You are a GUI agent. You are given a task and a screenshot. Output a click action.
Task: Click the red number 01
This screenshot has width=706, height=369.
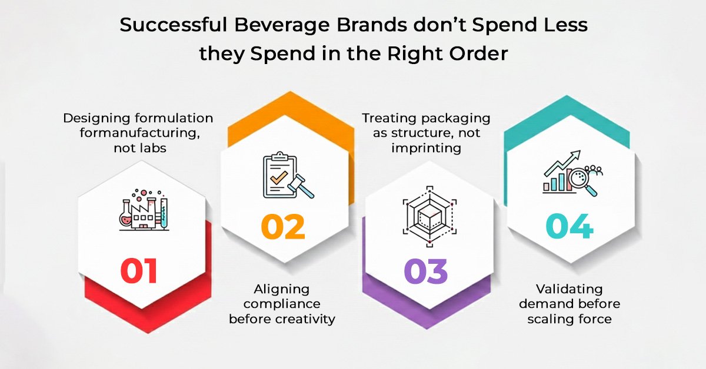tap(139, 271)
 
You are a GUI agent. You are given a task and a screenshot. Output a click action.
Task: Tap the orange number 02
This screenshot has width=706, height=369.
tap(283, 227)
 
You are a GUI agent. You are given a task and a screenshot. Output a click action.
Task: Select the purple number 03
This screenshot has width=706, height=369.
tap(425, 271)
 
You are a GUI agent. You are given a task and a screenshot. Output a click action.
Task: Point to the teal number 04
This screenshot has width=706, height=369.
tap(570, 226)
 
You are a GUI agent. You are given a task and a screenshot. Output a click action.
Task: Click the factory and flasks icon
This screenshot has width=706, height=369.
tap(144, 210)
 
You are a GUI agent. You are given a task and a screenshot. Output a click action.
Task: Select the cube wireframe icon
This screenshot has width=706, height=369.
tap(429, 216)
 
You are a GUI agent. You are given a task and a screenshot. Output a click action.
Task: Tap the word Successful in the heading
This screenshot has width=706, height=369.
tap(174, 25)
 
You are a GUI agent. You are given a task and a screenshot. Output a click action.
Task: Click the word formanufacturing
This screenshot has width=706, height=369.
tap(140, 133)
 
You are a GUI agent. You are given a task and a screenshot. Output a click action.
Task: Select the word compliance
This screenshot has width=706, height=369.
tap(282, 304)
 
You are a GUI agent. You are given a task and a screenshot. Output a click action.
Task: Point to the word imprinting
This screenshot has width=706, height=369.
tap(426, 149)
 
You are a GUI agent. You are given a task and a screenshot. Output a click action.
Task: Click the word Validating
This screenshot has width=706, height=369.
tap(570, 289)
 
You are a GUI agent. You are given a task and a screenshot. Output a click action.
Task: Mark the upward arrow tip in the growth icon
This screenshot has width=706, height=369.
tap(579, 152)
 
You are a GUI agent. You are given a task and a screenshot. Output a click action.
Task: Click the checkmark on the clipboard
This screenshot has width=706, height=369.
tap(279, 177)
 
